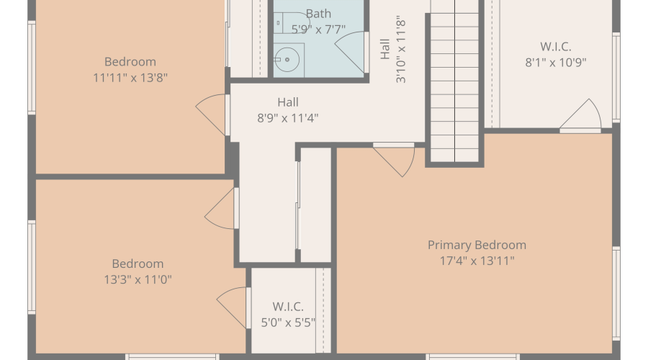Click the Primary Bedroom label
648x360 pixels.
pyautogui.click(x=477, y=245)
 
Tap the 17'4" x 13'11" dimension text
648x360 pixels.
pyautogui.click(x=477, y=261)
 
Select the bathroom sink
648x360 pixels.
pyautogui.click(x=287, y=60)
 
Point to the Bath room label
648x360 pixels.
pyautogui.click(x=318, y=14)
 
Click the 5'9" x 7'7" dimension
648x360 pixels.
pyautogui.click(x=318, y=30)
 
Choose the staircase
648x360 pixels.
pyautogui.click(x=454, y=81)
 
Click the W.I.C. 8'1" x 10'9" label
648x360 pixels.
pyautogui.click(x=556, y=54)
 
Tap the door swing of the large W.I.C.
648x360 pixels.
pyautogui.click(x=580, y=115)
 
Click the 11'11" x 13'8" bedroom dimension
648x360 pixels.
pyautogui.click(x=130, y=78)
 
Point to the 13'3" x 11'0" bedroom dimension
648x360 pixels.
pyautogui.click(x=138, y=280)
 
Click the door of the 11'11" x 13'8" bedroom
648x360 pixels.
pyautogui.click(x=212, y=115)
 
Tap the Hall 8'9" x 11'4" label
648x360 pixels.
pyautogui.click(x=288, y=110)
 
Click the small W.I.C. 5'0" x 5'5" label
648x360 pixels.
pyautogui.click(x=288, y=315)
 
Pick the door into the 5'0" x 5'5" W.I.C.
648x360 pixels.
pyautogui.click(x=233, y=308)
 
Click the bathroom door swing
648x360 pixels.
pyautogui.click(x=351, y=53)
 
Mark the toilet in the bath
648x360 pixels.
pyautogui.click(x=292, y=23)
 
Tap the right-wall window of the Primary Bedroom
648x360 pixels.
pyautogui.click(x=616, y=294)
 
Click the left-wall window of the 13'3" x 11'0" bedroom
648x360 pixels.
pyautogui.click(x=32, y=267)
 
